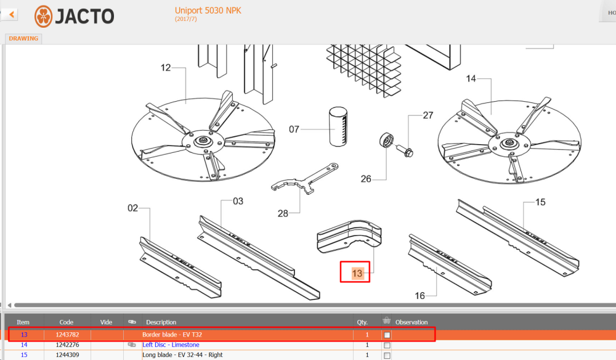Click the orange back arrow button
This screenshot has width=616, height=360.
coord(11,15)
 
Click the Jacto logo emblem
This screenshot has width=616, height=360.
coord(43,17)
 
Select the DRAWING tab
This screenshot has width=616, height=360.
coord(23,38)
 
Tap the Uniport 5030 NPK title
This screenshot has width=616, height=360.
coord(208,10)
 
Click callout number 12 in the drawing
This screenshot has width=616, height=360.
coord(165,68)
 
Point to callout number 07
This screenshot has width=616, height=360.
coord(294,129)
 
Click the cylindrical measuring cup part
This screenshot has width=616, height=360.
coord(338,126)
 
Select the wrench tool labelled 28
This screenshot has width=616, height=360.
coord(305,179)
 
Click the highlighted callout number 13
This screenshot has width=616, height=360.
coord(357,273)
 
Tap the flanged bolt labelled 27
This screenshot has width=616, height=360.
coord(404,151)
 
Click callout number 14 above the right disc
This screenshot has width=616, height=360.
coord(471,79)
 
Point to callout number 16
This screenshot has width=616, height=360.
coord(419,295)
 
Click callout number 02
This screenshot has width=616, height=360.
coord(133,208)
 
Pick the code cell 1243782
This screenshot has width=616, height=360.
coord(67,335)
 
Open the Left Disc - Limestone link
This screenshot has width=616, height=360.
coord(171,345)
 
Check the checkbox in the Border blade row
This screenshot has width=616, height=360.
coord(387,335)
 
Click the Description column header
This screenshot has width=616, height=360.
coord(161,322)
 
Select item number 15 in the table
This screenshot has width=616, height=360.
coord(24,355)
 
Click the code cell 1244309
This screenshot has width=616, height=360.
coord(67,355)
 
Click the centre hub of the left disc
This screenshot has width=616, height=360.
coord(203,141)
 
